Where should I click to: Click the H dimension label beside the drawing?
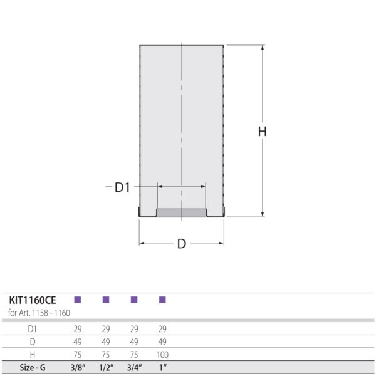pyautogui.click(x=263, y=132)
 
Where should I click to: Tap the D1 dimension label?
pyautogui.click(x=122, y=187)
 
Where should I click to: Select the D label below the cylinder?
pyautogui.click(x=181, y=244)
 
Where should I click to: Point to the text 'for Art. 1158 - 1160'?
pyautogui.click(x=39, y=312)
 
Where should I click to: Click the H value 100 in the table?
pyautogui.click(x=162, y=355)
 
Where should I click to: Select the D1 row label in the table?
pyautogui.click(x=33, y=329)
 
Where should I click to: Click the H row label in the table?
pyautogui.click(x=33, y=355)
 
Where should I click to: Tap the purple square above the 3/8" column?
pyautogui.click(x=78, y=300)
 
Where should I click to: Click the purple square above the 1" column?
pyautogui.click(x=162, y=300)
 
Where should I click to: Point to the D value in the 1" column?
pyautogui.click(x=162, y=342)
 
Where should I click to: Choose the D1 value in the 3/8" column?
pyautogui.click(x=78, y=329)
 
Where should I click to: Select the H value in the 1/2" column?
pyautogui.click(x=106, y=355)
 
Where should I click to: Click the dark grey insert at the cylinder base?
pyautogui.click(x=181, y=213)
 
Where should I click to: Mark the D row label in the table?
pyautogui.click(x=33, y=342)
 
